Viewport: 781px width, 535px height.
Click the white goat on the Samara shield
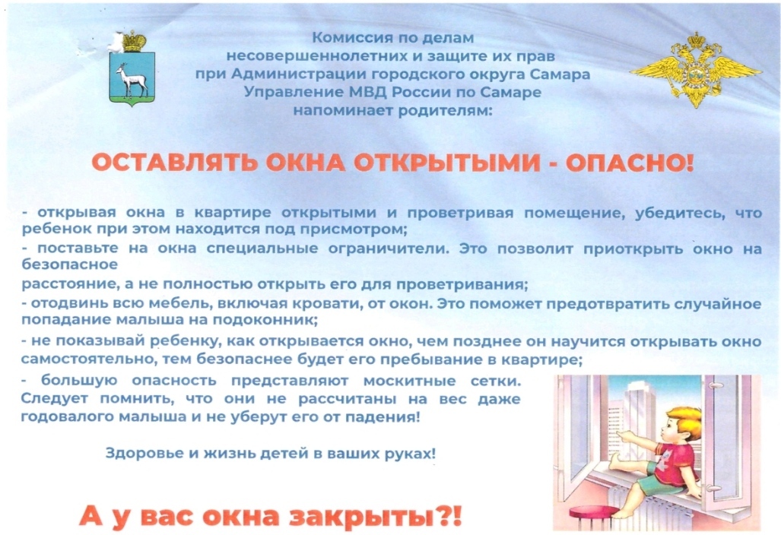(x=131, y=80)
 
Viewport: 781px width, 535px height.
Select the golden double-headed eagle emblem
(x=695, y=70)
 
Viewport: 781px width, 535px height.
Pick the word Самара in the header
(x=560, y=74)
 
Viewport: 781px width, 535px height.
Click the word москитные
(x=409, y=381)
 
